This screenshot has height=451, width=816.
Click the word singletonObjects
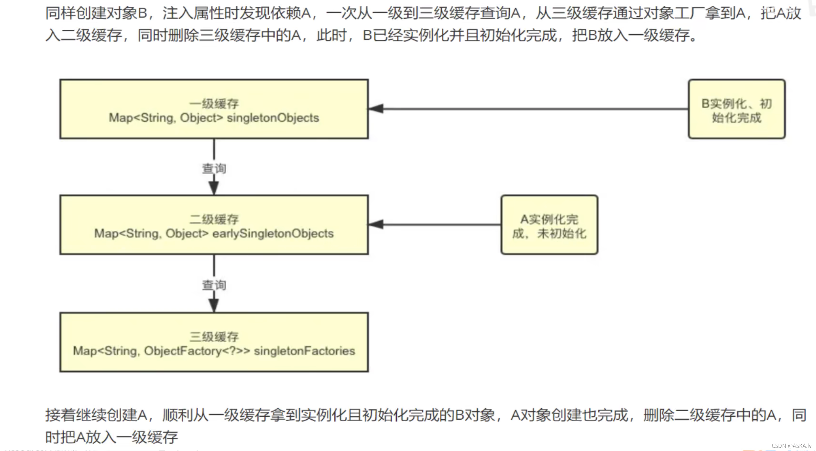pyautogui.click(x=273, y=118)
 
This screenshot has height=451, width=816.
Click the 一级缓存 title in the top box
pyautogui.click(x=214, y=104)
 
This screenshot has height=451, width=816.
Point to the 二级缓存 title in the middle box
pyautogui.click(x=214, y=219)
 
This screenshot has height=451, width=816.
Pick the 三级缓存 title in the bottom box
pyautogui.click(x=214, y=337)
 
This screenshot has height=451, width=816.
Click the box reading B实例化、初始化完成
pyautogui.click(x=737, y=109)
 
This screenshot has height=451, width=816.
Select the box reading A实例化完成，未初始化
pyautogui.click(x=549, y=225)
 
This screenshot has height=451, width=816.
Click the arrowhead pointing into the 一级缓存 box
pyautogui.click(x=376, y=108)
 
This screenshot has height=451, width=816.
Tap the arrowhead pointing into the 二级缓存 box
pyautogui.click(x=376, y=224)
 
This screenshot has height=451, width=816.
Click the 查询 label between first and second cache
pyautogui.click(x=214, y=168)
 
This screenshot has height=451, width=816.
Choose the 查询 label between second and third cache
pyautogui.click(x=214, y=285)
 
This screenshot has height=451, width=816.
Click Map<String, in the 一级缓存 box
pyautogui.click(x=142, y=118)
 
